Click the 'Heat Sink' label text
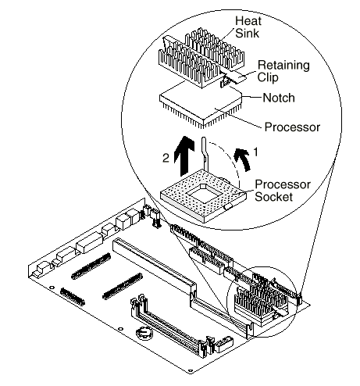point(248,27)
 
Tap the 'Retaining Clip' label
point(283,71)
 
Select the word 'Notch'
point(279,98)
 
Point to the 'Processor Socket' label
point(283,191)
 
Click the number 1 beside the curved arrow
point(255,152)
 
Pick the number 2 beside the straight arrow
point(166,158)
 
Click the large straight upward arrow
point(184,155)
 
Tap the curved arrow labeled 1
point(243,159)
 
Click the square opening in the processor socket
point(203,195)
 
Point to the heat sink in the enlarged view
point(201,57)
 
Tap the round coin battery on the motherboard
point(144,332)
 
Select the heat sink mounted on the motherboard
point(262,303)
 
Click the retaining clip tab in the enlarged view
point(236,77)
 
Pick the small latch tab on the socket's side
point(228,207)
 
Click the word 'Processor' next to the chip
point(292,127)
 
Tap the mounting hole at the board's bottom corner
point(191,370)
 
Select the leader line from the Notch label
point(252,97)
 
